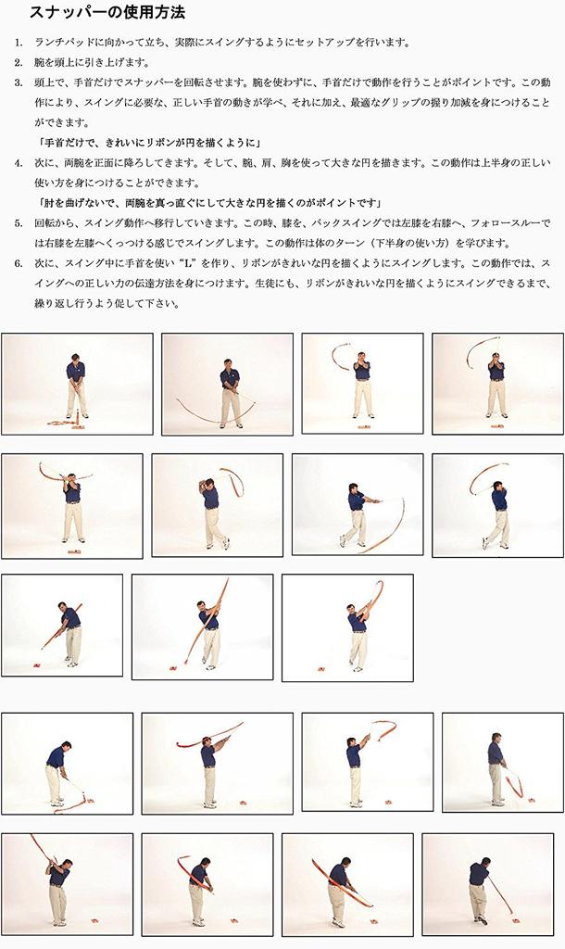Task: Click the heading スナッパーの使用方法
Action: click(x=107, y=13)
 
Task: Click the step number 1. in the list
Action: click(x=19, y=44)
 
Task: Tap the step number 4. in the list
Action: click(x=19, y=163)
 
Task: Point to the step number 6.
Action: click(x=19, y=263)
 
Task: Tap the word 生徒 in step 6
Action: click(x=338, y=284)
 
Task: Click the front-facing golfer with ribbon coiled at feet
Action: click(x=77, y=384)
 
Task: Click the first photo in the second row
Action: click(x=72, y=506)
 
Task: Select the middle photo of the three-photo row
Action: click(x=202, y=627)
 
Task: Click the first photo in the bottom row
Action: click(x=67, y=884)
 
